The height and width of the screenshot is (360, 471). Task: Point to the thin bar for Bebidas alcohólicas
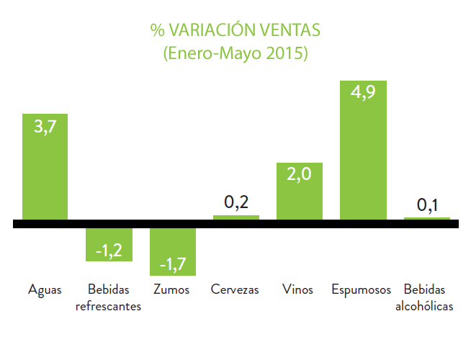click(x=426, y=218)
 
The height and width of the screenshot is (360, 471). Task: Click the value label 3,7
click(x=45, y=127)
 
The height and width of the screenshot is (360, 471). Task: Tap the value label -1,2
click(x=108, y=250)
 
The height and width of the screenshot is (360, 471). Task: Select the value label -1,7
click(x=172, y=264)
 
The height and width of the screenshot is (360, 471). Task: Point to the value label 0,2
click(x=235, y=202)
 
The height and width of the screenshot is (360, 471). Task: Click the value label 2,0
click(x=299, y=176)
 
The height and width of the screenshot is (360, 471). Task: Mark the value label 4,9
click(x=363, y=94)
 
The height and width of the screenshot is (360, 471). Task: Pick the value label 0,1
click(x=427, y=205)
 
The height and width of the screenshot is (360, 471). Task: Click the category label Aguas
click(x=45, y=290)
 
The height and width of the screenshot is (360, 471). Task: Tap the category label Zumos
click(x=172, y=290)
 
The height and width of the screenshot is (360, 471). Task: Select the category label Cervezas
click(x=235, y=290)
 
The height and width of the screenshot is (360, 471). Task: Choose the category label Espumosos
click(x=362, y=290)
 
